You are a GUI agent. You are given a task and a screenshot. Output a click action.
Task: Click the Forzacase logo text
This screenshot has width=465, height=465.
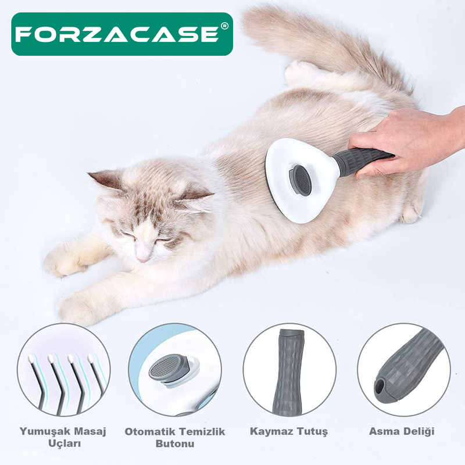117,34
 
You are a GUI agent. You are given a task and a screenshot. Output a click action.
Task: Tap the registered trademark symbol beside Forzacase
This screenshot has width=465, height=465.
225,26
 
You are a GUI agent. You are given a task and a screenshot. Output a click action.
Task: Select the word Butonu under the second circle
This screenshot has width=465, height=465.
175,443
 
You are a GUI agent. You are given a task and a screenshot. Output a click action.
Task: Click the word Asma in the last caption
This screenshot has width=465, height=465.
383,431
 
